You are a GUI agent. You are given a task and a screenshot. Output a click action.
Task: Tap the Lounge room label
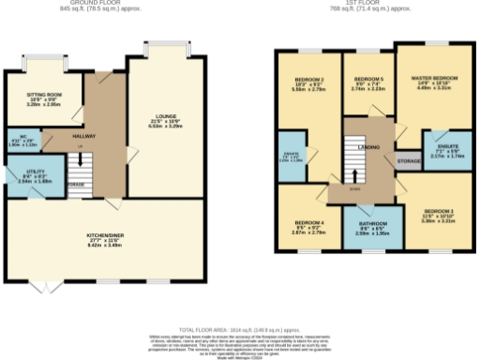click(165, 120)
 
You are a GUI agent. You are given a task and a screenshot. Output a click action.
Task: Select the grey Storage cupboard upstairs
click(408, 162)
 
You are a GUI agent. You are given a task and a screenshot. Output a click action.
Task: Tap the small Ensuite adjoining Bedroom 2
click(317, 157)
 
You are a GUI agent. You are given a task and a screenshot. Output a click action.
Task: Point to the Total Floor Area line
click(240, 330)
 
